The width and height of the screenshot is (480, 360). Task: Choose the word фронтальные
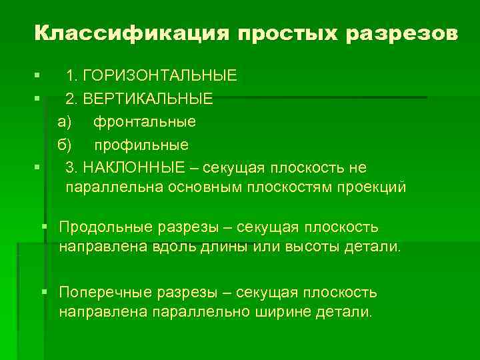point(144,122)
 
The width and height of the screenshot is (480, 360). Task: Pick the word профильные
point(141,145)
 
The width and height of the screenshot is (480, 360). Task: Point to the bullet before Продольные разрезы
point(45,227)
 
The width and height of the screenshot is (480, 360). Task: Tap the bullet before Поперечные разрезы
point(45,292)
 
